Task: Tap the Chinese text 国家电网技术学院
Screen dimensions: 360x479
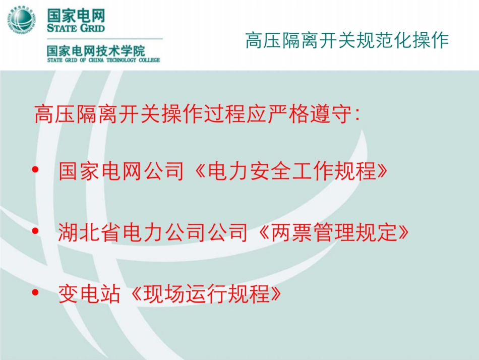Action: [96, 50]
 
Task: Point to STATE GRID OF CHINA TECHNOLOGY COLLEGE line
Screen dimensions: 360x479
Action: [103, 60]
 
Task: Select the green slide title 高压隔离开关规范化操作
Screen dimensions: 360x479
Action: [347, 41]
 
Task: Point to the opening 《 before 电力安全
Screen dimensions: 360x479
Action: [196, 172]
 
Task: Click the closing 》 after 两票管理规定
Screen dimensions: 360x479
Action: [399, 233]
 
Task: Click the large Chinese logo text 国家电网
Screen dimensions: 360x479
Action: [76, 14]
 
